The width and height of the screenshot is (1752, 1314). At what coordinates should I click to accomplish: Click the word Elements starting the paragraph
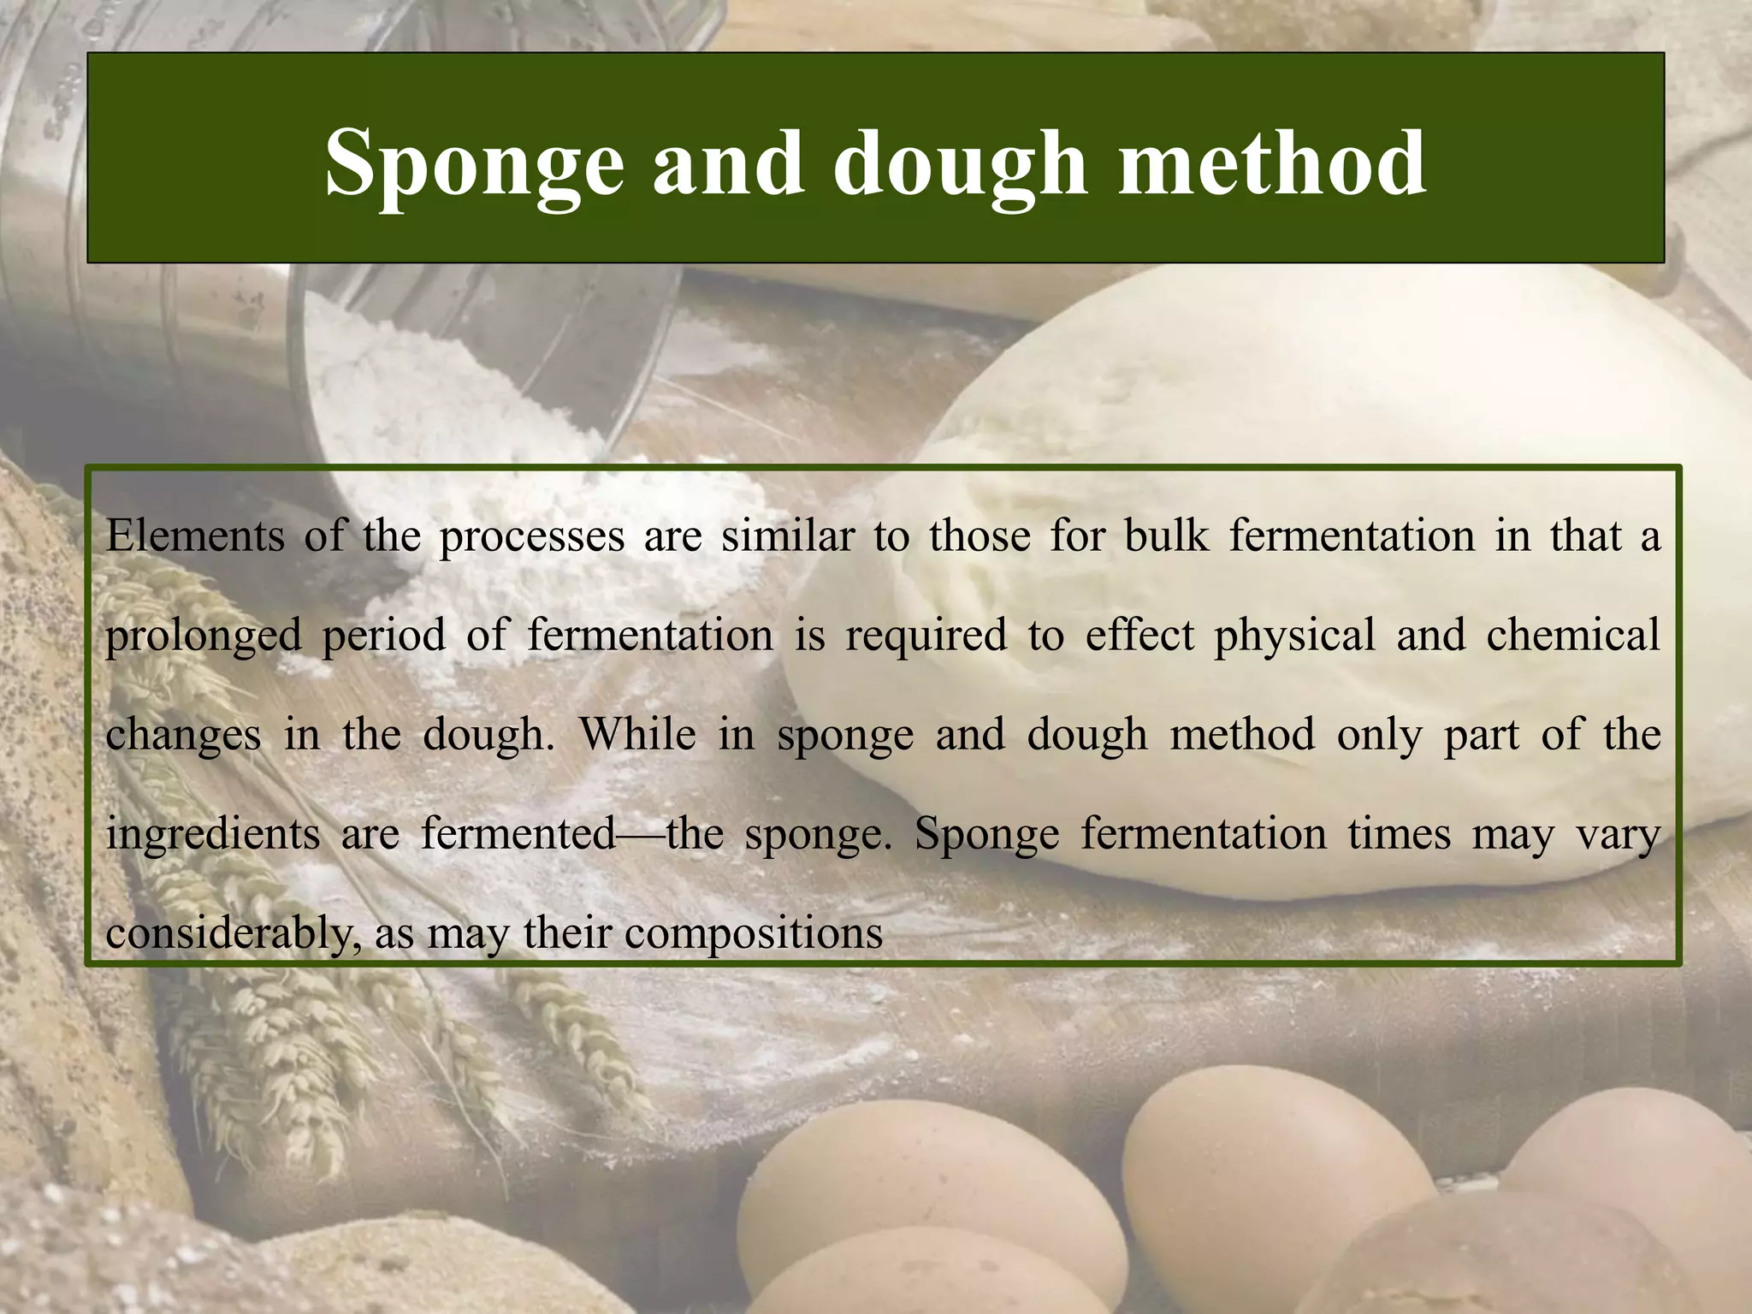click(x=195, y=536)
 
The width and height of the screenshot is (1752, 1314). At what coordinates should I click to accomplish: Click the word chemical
click(x=1573, y=636)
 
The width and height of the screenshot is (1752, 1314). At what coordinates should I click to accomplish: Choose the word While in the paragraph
click(x=637, y=735)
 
